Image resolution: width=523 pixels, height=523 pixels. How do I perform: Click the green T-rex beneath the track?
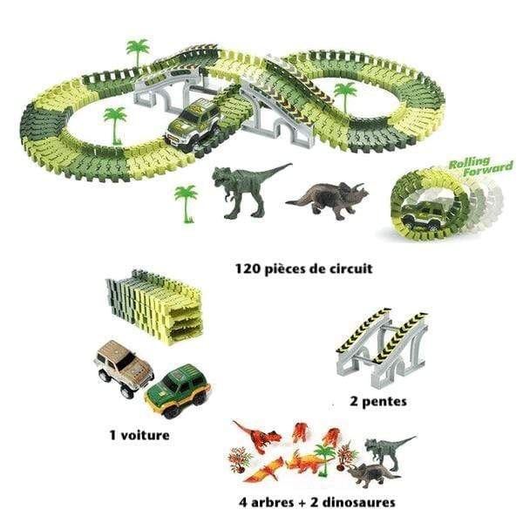click(x=247, y=190)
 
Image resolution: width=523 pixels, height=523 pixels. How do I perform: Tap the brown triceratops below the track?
click(x=329, y=200)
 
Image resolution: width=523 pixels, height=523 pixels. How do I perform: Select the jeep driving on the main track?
click(x=194, y=125)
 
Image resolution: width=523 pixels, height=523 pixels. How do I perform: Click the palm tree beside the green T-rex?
click(x=187, y=203)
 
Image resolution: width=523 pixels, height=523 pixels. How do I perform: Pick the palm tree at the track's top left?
click(x=138, y=52)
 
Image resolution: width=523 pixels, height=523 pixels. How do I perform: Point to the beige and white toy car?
click(x=124, y=369)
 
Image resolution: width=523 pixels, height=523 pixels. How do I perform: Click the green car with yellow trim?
click(x=178, y=391)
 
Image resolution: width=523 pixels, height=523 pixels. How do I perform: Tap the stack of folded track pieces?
click(x=154, y=307)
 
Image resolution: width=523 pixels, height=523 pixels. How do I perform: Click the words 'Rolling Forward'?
click(x=480, y=166)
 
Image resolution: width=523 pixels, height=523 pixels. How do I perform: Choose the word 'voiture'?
click(x=145, y=435)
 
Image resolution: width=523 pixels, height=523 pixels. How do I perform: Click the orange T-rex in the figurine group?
click(x=257, y=436)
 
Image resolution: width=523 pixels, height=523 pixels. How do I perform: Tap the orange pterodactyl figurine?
click(x=263, y=471)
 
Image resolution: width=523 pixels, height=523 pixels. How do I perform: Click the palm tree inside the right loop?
click(x=345, y=98)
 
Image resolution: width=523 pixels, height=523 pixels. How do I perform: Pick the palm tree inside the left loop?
click(x=115, y=125)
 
